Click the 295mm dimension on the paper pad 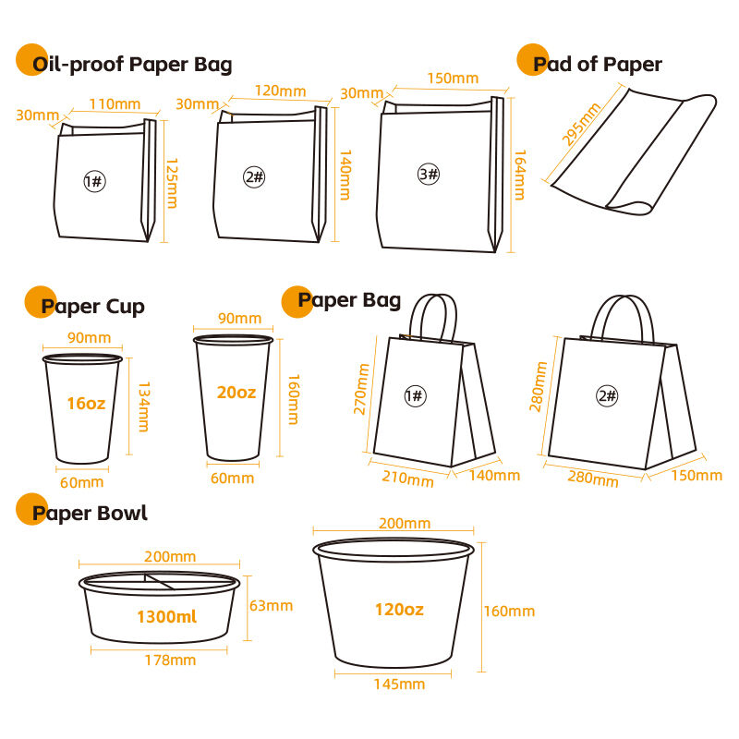pyautogui.click(x=581, y=125)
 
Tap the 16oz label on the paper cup pyautogui.click(x=86, y=404)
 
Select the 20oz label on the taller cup pyautogui.click(x=236, y=392)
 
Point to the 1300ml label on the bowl pyautogui.click(x=167, y=616)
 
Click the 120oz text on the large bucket pyautogui.click(x=399, y=610)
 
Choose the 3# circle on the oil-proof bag pyautogui.click(x=429, y=174)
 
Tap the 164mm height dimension pyautogui.click(x=520, y=175)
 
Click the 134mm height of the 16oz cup pyautogui.click(x=144, y=406)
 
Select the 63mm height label pyautogui.click(x=271, y=606)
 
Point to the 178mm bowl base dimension pyautogui.click(x=170, y=660)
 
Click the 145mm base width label pyautogui.click(x=399, y=684)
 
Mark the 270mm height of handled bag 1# pyautogui.click(x=361, y=389)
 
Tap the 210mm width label pyautogui.click(x=407, y=479)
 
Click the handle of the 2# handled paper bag pyautogui.click(x=623, y=297)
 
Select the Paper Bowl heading pyautogui.click(x=90, y=513)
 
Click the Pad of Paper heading pyautogui.click(x=597, y=65)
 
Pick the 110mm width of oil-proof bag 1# pyautogui.click(x=115, y=104)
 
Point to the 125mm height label pyautogui.click(x=172, y=183)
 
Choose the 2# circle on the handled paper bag pyautogui.click(x=607, y=396)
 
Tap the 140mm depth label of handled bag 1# pyautogui.click(x=494, y=475)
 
